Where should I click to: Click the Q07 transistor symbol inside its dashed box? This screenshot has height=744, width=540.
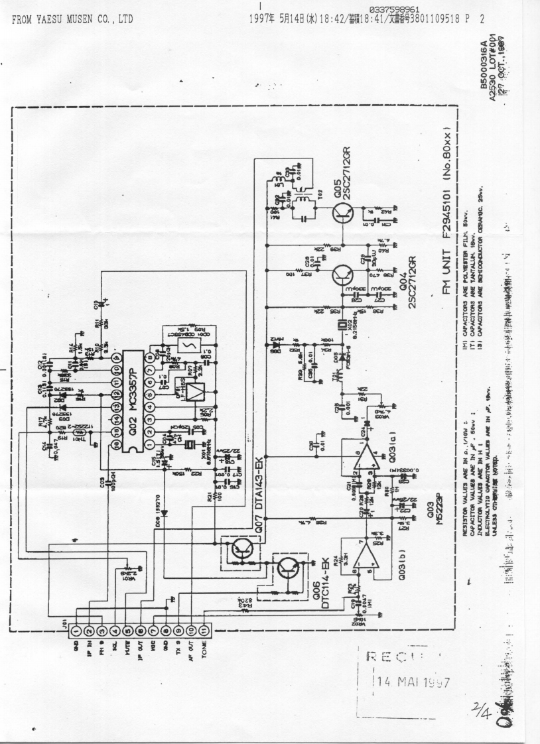click(x=236, y=548)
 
